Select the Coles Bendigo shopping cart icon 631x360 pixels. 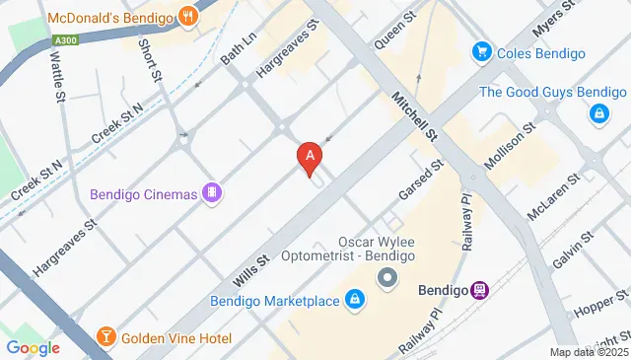[x=482, y=51]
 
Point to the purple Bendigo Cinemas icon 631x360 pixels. [x=210, y=192]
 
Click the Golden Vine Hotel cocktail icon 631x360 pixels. [x=106, y=338]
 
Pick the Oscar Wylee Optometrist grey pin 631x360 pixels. [x=387, y=279]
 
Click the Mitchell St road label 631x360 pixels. [x=413, y=117]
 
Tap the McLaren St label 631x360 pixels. [x=551, y=203]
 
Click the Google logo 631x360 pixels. [x=33, y=347]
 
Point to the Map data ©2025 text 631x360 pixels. [x=589, y=352]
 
